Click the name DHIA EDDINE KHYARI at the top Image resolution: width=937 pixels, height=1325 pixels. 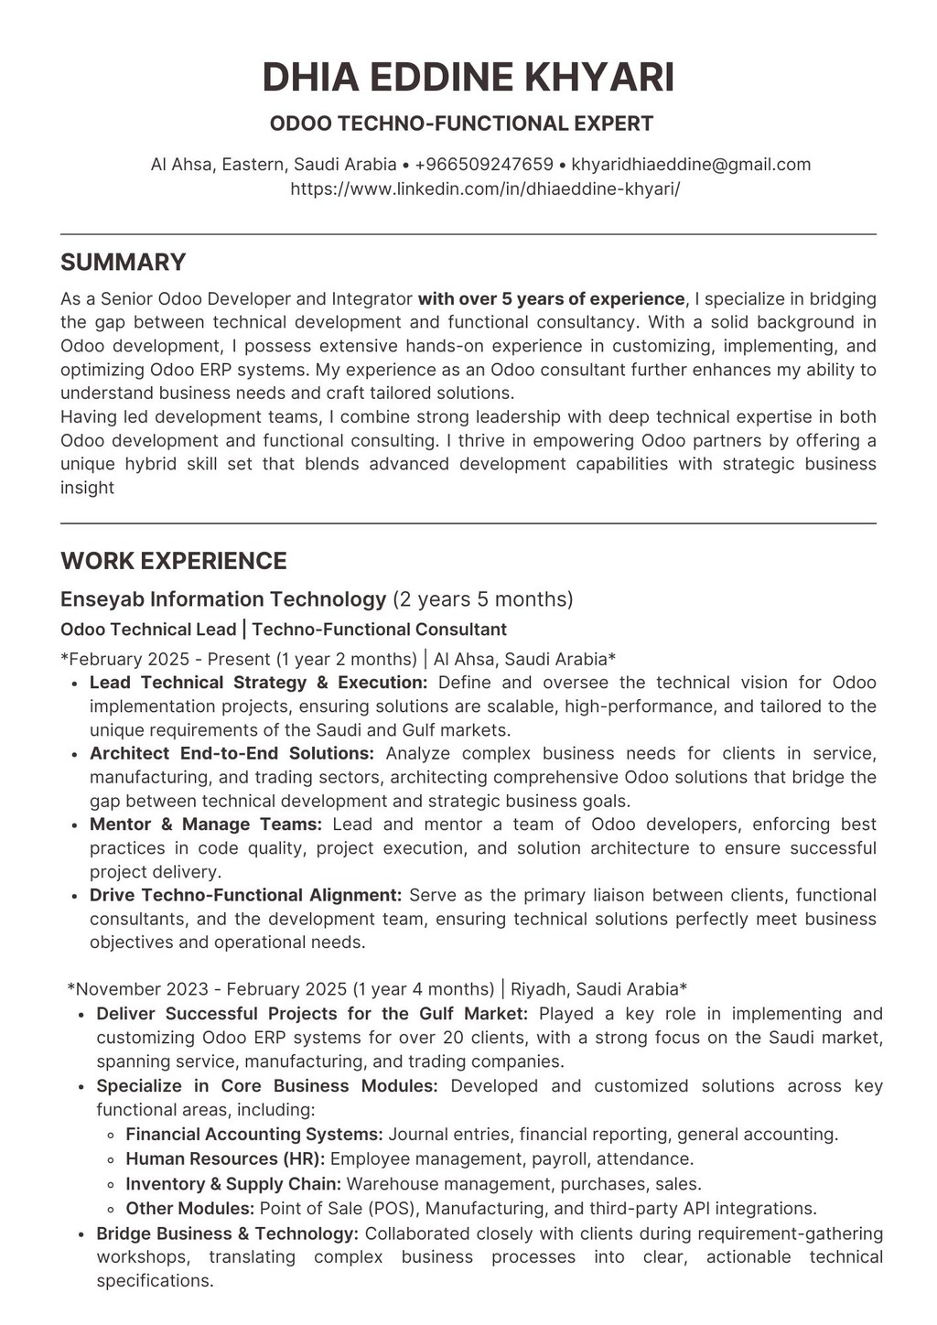click(x=468, y=77)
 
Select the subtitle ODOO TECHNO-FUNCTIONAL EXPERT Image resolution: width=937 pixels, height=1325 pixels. click(x=461, y=124)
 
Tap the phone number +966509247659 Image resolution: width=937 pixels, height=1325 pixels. click(x=483, y=165)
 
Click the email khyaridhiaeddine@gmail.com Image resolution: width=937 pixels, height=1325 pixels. click(x=691, y=165)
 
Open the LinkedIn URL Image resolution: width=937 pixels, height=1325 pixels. click(x=485, y=189)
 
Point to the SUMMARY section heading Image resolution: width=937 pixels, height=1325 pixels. click(x=123, y=263)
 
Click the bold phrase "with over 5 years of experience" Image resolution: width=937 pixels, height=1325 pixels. click(x=551, y=299)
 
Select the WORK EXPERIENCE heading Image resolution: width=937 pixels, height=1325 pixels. click(x=173, y=561)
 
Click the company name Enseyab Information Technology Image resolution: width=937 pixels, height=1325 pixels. click(x=223, y=599)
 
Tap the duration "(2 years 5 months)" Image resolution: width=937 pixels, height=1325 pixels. click(x=482, y=599)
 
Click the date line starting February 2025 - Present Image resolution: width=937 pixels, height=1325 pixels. click(x=338, y=659)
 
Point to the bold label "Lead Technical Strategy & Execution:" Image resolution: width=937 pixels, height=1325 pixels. click(x=258, y=683)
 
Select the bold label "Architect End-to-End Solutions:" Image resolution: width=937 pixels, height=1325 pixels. click(x=232, y=754)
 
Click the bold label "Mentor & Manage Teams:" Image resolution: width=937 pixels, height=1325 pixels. click(x=205, y=824)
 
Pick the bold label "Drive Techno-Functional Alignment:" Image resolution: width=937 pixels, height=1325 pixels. click(x=245, y=895)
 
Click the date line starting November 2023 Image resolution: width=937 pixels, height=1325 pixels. click(x=376, y=989)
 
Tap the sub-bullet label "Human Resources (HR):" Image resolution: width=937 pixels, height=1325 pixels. click(x=225, y=1159)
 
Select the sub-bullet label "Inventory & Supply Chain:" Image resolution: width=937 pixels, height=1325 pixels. click(x=233, y=1184)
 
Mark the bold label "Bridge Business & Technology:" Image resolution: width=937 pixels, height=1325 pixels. click(x=227, y=1233)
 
